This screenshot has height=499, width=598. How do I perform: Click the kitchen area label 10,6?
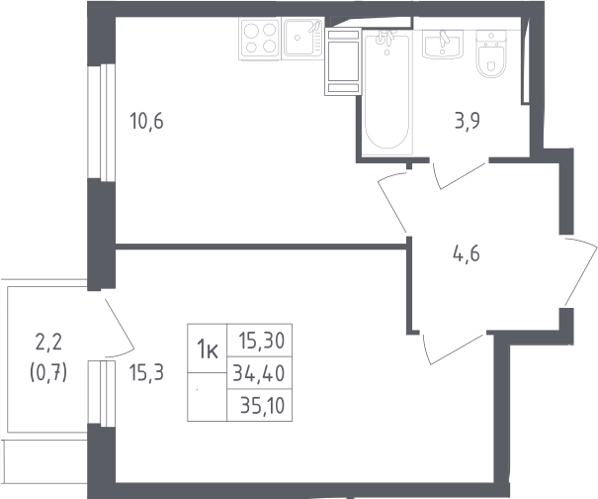pyautogui.click(x=147, y=121)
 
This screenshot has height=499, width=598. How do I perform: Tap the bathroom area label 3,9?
pyautogui.click(x=468, y=121)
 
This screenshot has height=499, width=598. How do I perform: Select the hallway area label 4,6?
pyautogui.click(x=466, y=253)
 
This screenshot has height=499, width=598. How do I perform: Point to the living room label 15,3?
pyautogui.click(x=147, y=372)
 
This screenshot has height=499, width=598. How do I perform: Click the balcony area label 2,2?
pyautogui.click(x=48, y=342)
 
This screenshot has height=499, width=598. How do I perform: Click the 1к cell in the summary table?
pyautogui.click(x=208, y=349)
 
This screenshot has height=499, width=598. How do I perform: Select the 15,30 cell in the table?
pyautogui.click(x=260, y=341)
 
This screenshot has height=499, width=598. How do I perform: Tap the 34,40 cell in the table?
pyautogui.click(x=260, y=373)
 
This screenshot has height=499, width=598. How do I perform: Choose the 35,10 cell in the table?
pyautogui.click(x=260, y=405)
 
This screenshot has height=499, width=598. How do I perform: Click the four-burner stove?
pyautogui.click(x=260, y=39)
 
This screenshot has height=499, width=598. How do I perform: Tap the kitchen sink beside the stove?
pyautogui.click(x=302, y=39)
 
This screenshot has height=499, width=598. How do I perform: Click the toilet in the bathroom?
pyautogui.click(x=491, y=53)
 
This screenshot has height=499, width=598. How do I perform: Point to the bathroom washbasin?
pyautogui.click(x=443, y=45)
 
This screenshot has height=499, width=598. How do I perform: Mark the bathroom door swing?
pyautogui.click(x=460, y=176)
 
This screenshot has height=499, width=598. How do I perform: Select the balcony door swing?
pyautogui.click(x=119, y=328)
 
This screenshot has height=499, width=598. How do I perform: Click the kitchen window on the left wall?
pyautogui.click(x=102, y=122)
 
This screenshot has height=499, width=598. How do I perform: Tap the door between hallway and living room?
pyautogui.click(x=453, y=349)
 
